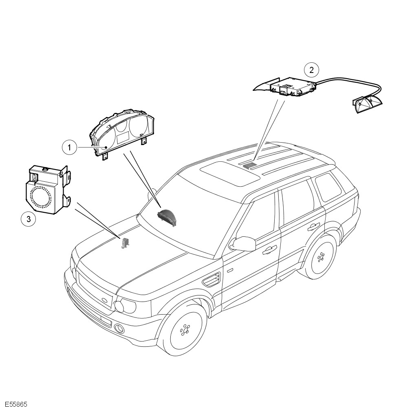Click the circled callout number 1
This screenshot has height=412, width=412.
point(69,148)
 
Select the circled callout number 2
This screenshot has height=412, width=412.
point(311,70)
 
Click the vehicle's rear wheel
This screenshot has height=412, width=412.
point(321,257)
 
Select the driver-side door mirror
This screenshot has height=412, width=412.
point(243,244)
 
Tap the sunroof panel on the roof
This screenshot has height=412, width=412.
point(230,174)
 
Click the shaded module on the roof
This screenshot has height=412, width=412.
point(249,165)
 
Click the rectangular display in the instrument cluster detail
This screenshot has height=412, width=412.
point(123,137)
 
